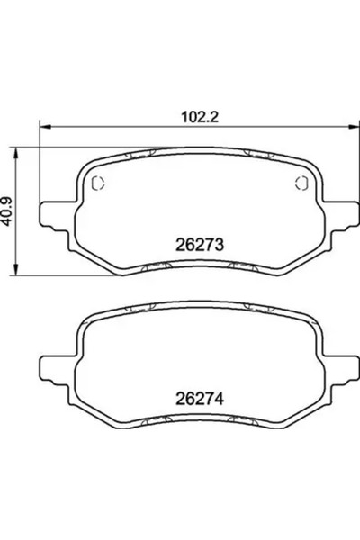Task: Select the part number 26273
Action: [198, 244]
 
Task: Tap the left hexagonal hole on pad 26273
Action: [100, 185]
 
